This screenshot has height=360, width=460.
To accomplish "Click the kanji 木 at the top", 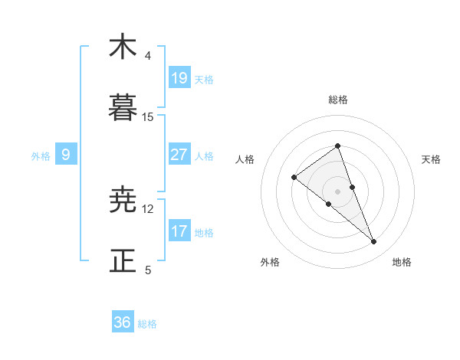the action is tap(123, 47).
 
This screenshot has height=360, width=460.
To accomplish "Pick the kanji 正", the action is tap(123, 261).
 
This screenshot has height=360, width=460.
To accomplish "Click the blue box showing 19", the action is tap(179, 77).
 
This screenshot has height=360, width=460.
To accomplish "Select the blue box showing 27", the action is tap(179, 155).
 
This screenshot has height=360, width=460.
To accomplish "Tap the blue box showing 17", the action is tap(179, 231).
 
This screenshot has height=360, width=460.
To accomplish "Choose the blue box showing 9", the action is tap(66, 155).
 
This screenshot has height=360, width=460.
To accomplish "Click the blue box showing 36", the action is tap(123, 322).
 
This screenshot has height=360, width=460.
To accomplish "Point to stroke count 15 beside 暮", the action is tap(148, 117).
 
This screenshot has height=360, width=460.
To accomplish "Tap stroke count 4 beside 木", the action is tap(148, 56).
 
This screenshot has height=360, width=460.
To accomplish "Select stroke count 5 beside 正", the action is tap(148, 270).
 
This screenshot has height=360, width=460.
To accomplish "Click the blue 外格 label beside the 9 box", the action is tap(41, 156).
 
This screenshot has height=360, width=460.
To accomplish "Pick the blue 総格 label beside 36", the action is tap(147, 324).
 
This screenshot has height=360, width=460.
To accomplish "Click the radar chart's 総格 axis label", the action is tap(337, 100).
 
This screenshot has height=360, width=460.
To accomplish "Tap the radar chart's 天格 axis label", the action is tap(432, 159).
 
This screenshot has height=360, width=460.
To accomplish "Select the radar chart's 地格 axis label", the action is tap(402, 262).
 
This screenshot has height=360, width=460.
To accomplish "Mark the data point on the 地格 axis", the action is tap(374, 242).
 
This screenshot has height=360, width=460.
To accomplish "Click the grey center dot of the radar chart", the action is tap(337, 191).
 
